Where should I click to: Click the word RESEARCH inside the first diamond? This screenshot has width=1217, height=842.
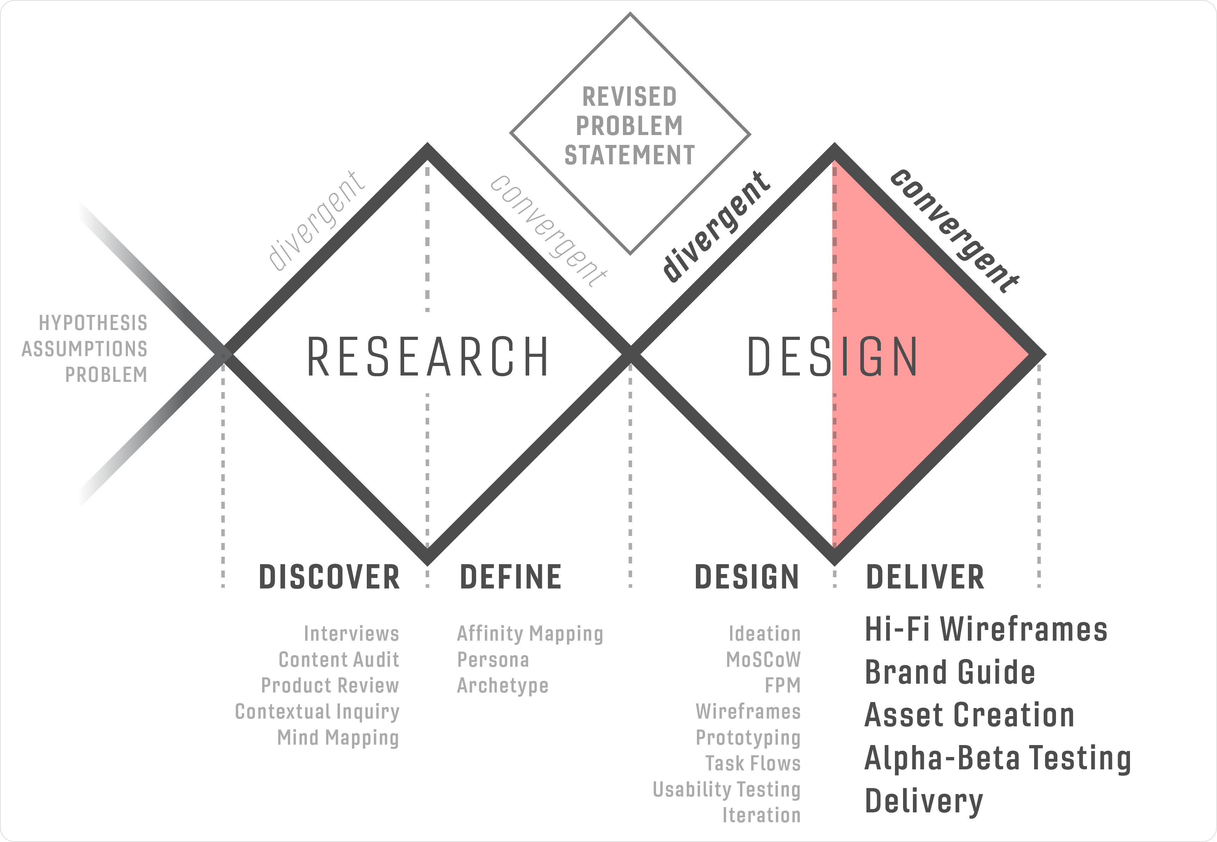click(427, 357)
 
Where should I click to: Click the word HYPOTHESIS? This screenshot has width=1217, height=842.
click(93, 323)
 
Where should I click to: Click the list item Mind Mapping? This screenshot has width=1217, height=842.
click(338, 738)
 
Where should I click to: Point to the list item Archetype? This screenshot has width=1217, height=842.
click(503, 685)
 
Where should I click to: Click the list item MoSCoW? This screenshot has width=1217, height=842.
click(763, 659)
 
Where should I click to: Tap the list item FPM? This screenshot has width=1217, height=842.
click(783, 685)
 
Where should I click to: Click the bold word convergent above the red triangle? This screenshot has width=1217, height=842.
click(954, 231)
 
